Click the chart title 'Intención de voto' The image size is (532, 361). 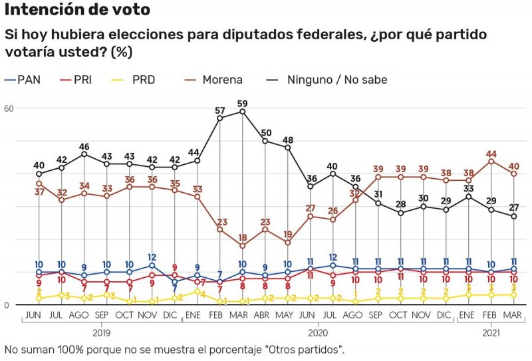point(77,10)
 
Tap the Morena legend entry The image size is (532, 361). point(223,80)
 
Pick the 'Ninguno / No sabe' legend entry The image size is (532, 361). point(336,80)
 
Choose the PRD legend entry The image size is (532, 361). point(143,80)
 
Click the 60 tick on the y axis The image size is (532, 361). point(9,108)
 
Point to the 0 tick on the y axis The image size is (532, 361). point(7,305)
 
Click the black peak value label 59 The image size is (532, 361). point(243,103)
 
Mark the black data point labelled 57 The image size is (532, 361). point(220,118)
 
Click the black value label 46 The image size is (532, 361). point(84,146)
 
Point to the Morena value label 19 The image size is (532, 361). point(288,234)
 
